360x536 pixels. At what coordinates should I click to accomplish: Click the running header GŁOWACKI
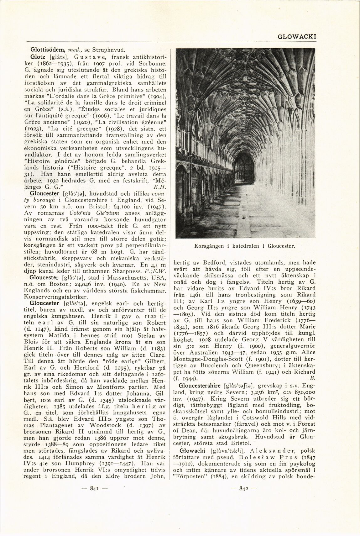[x=297, y=36]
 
